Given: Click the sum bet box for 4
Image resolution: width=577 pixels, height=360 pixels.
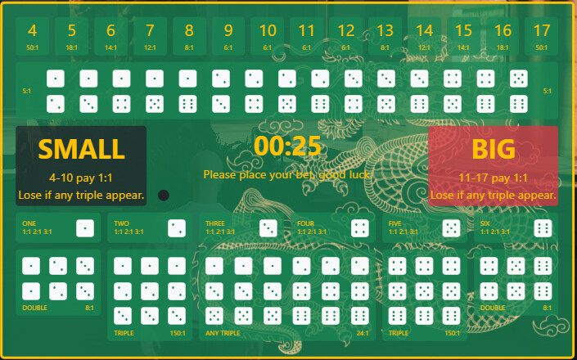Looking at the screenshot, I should pyautogui.click(x=33, y=37).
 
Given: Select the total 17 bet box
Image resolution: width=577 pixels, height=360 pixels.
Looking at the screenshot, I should pyautogui.click(x=541, y=37).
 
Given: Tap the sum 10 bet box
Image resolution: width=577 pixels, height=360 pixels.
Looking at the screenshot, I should pyautogui.click(x=268, y=37).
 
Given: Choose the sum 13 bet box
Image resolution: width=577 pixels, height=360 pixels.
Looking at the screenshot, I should pyautogui.click(x=385, y=37).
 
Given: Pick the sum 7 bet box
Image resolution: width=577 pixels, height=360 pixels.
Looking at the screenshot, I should pyautogui.click(x=150, y=37).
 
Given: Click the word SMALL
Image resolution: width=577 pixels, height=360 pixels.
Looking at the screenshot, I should pyautogui.click(x=81, y=150).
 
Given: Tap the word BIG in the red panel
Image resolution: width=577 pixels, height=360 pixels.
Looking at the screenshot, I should pyautogui.click(x=494, y=150).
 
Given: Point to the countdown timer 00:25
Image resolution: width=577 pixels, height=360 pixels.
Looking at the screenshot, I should pyautogui.click(x=287, y=146).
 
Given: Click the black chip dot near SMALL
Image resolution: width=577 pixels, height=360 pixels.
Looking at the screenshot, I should pyautogui.click(x=163, y=196).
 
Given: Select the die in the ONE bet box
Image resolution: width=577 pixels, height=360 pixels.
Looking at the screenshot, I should pyautogui.click(x=85, y=228).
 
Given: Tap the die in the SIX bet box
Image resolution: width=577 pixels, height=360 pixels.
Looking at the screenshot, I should pyautogui.click(x=543, y=228).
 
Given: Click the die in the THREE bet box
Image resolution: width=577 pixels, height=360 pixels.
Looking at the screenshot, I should pyautogui.click(x=268, y=228).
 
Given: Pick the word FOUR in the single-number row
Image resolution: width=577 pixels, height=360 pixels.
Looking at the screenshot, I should pyautogui.click(x=305, y=223).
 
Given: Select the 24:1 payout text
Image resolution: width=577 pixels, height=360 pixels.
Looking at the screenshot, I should pyautogui.click(x=363, y=333).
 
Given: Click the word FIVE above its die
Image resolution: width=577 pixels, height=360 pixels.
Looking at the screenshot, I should pyautogui.click(x=395, y=223).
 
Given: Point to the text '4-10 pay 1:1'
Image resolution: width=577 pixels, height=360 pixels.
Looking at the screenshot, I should pyautogui.click(x=81, y=178).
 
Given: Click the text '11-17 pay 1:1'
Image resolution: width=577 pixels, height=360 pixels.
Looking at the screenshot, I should pyautogui.click(x=494, y=178).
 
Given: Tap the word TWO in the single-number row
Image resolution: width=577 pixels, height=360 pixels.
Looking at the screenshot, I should pyautogui.click(x=121, y=223).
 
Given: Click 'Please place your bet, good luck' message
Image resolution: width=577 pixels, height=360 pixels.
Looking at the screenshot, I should pyautogui.click(x=287, y=174).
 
